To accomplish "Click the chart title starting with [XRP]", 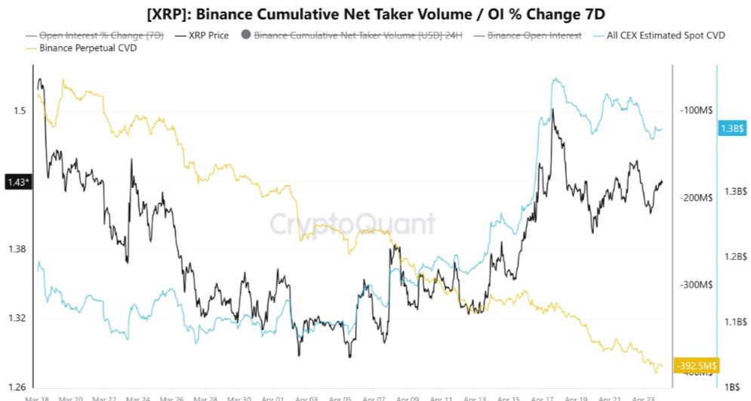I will [x=375, y=14].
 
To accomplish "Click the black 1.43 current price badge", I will [x=18, y=182].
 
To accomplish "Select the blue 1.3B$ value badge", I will [x=732, y=128].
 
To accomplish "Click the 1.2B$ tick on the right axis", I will [x=733, y=257].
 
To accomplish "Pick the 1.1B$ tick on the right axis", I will [x=733, y=322].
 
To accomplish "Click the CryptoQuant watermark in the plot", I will [x=352, y=224].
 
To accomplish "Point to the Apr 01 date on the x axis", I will [x=274, y=397].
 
